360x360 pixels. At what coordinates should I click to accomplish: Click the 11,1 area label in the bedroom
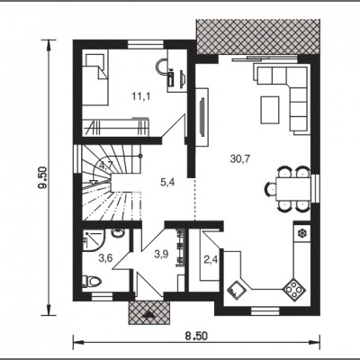(141, 96)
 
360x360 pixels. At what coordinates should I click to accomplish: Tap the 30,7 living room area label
(240, 158)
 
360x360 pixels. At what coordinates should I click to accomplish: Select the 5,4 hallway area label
(167, 182)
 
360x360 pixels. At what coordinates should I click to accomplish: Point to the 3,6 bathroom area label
(105, 257)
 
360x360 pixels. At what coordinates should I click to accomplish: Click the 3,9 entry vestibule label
(161, 255)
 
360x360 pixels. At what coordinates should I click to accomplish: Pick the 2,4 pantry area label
(211, 260)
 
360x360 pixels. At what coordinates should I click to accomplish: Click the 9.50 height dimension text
(43, 177)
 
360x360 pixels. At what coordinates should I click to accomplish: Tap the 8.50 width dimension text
(196, 336)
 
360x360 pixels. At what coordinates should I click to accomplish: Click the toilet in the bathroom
(92, 281)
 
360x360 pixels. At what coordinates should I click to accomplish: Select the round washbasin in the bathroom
(118, 233)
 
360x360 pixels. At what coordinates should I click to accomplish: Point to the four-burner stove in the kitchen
(294, 289)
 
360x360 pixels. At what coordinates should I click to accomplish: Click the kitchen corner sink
(237, 290)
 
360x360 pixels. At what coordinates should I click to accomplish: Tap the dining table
(293, 189)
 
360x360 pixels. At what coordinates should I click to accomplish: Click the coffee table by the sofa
(270, 110)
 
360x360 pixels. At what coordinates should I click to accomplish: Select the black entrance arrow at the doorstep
(148, 314)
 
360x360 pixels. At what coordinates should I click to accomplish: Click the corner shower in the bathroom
(94, 240)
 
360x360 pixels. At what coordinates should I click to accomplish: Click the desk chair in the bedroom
(162, 67)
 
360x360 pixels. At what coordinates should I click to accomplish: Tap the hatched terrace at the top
(258, 37)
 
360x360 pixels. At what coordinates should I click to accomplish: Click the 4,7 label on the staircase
(105, 166)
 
